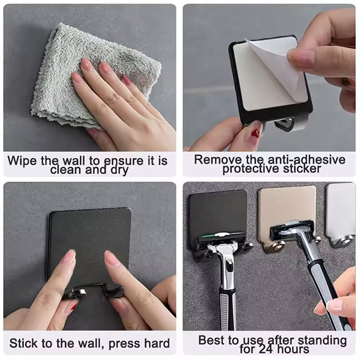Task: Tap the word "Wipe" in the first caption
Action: tap(22, 160)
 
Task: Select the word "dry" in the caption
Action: tap(119, 170)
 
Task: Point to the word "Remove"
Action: tap(218, 160)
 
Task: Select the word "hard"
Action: tap(157, 343)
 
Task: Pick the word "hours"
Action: tap(293, 349)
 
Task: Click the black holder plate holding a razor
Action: tap(217, 216)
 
